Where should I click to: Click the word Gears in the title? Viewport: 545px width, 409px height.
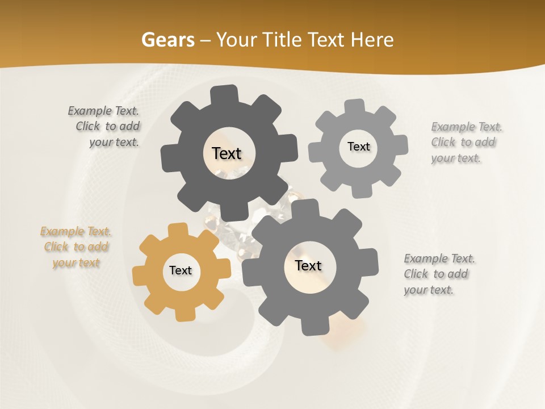[x=168, y=40]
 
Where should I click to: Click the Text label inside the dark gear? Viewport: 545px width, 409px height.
[x=227, y=153]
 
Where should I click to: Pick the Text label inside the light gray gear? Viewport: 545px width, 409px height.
[x=358, y=147]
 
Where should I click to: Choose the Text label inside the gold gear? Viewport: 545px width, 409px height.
[x=181, y=270]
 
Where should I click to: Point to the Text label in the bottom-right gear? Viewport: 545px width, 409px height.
[x=308, y=265]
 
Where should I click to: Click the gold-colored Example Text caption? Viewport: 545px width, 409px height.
[x=76, y=247]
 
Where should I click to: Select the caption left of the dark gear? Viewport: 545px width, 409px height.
[x=105, y=127]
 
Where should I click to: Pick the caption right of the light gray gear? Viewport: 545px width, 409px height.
[x=466, y=142]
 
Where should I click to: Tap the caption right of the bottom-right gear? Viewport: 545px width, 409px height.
[x=438, y=274]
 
